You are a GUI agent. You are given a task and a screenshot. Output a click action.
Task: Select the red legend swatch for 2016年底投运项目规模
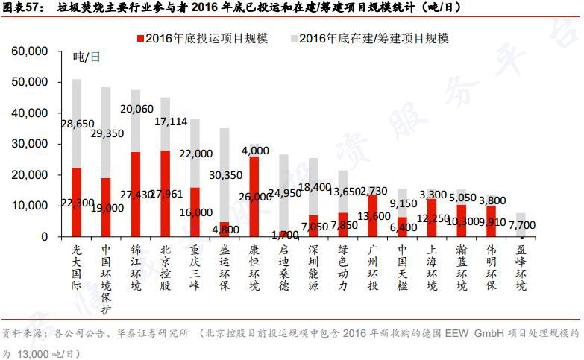[141, 38]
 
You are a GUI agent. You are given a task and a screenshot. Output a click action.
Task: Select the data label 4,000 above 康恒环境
[254, 151]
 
